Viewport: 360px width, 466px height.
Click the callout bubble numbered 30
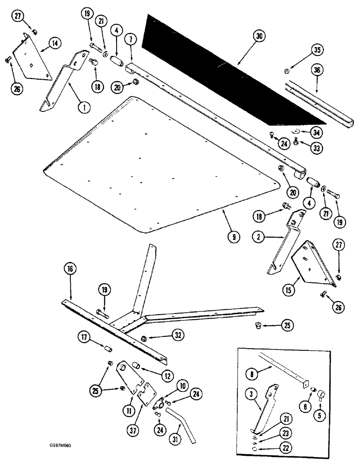tap(262, 36)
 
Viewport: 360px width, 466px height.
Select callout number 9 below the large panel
tap(234, 237)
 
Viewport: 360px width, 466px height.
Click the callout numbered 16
tap(70, 270)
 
